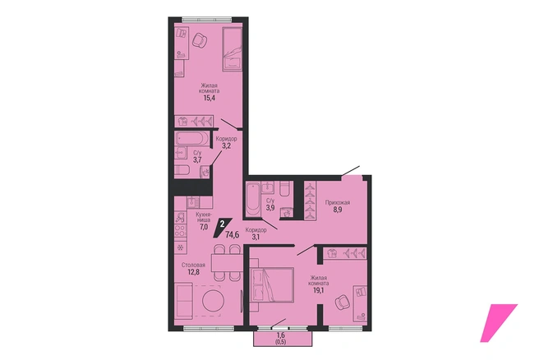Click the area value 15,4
tap(209, 99)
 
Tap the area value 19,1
tap(318, 290)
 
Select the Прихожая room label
tap(338, 202)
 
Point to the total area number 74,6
tap(233, 235)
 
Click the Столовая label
tap(193, 265)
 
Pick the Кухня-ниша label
tap(204, 217)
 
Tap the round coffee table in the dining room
tap(213, 301)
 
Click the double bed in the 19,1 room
tap(272, 284)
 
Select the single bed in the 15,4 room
tap(233, 49)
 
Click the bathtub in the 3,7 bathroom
tap(192, 139)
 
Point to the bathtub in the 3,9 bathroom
tap(253, 200)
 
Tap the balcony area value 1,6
tap(280, 335)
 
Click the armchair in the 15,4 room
tap(200, 41)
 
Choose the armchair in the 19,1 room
tap(343, 302)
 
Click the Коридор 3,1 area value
tap(255, 237)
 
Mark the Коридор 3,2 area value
tap(226, 145)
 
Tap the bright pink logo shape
tap(498, 322)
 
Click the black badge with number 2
tap(223, 227)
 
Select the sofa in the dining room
tap(183, 301)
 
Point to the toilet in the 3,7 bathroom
tap(182, 170)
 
